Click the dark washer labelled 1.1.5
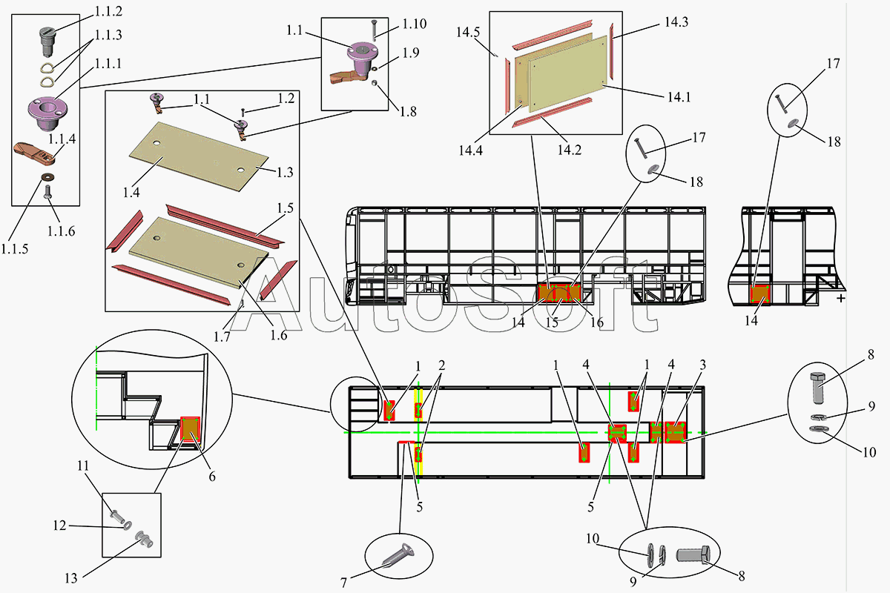point(49,176)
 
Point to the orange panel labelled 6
point(191,428)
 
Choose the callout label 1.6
point(278,335)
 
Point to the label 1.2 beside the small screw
point(286,98)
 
